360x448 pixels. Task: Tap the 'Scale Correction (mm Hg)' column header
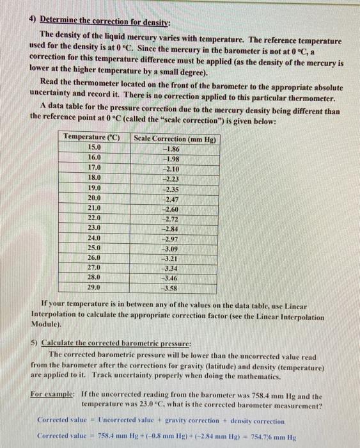point(175,138)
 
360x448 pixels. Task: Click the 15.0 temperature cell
point(94,147)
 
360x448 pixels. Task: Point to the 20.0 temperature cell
point(94,198)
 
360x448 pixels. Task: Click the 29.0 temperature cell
point(94,288)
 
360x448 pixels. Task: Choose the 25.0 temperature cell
point(94,248)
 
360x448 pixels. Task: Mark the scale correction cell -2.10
point(171,168)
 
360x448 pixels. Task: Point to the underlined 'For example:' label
point(52,396)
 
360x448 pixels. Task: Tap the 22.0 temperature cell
point(94,218)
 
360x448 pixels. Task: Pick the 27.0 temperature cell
point(94,268)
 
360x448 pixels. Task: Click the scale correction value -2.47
point(171,198)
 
